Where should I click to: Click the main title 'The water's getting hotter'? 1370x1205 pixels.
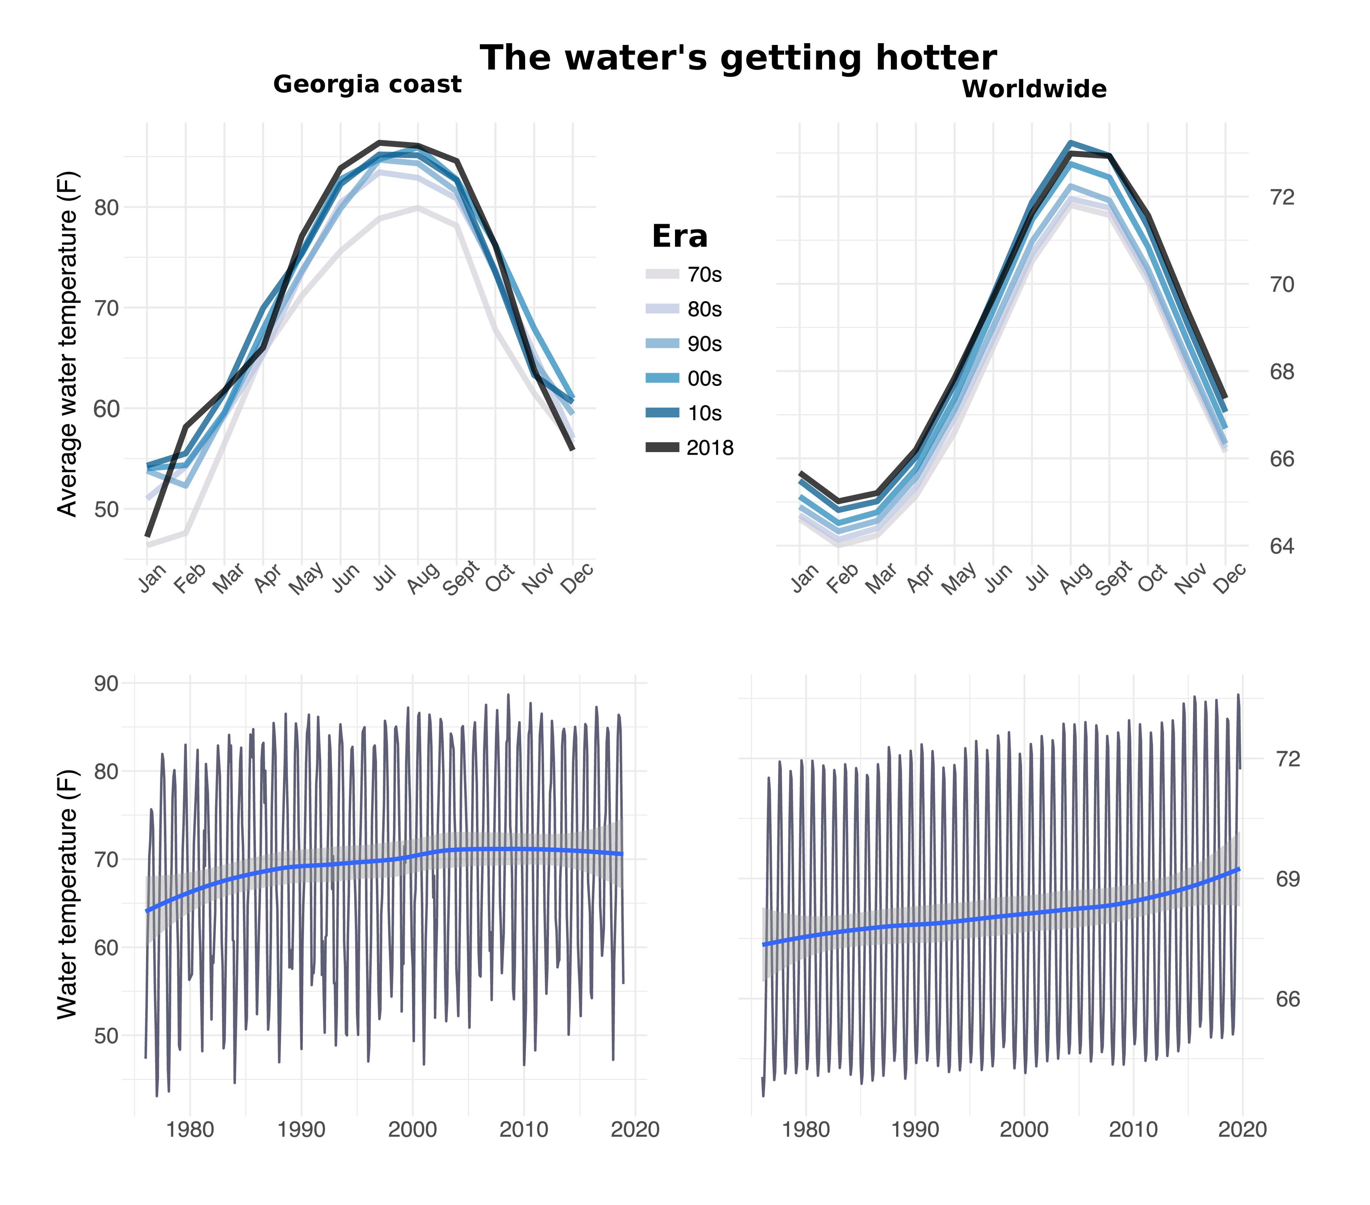738,58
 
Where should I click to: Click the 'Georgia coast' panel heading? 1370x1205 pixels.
367,85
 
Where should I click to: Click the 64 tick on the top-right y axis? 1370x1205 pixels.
1282,546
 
